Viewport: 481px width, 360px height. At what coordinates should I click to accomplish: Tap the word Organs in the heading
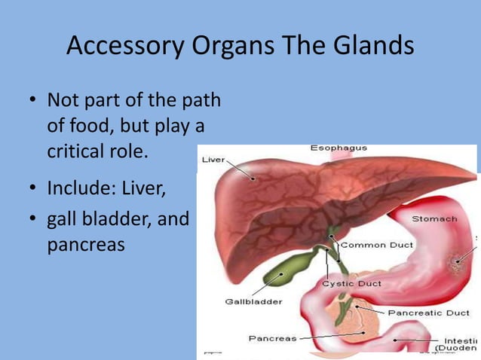coord(227,47)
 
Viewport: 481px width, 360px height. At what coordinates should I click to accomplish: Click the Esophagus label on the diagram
coord(339,148)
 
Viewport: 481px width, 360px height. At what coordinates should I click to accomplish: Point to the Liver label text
coord(213,160)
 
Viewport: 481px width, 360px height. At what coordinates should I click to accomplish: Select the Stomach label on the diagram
coord(434,218)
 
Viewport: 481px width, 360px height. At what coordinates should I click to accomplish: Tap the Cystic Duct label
coord(351,284)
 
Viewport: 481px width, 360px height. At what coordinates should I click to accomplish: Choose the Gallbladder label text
coord(253,302)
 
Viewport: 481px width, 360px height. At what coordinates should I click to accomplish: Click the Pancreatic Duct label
coord(428,312)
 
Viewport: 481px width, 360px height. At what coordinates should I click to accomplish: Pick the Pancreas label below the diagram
coord(272,338)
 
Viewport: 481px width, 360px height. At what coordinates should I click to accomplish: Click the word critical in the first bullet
coord(78,151)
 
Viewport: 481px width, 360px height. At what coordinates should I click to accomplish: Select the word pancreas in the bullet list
coord(86,246)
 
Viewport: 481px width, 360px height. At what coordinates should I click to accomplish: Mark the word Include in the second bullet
coord(78,187)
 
